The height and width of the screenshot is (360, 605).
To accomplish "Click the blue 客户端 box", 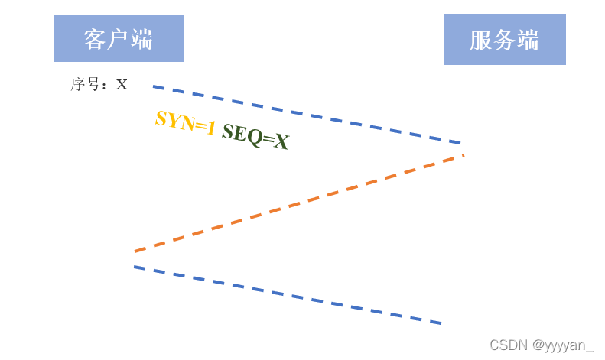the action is point(119,38).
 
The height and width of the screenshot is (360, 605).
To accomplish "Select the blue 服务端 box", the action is point(504,39).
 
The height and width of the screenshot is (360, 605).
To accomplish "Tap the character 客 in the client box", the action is point(95,39).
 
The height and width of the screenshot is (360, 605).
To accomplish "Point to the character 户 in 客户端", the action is point(119,39).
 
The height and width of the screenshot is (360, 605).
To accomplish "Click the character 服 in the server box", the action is point(480,40).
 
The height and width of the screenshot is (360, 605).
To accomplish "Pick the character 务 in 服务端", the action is point(504,40).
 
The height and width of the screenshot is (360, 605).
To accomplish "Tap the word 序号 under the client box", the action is point(85,84).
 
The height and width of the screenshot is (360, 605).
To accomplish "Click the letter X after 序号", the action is point(122,85).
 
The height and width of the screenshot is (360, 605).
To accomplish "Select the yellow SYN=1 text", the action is point(185,122).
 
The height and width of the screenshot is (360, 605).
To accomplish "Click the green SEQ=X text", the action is point(255,137).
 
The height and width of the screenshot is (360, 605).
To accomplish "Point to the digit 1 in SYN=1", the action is point(210,128).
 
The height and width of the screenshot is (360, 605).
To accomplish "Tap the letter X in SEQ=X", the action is point(281,142).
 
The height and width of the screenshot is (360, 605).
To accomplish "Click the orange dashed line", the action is point(298,203).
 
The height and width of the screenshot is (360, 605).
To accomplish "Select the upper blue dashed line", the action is point(306,115).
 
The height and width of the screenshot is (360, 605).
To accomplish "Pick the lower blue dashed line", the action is point(288,295).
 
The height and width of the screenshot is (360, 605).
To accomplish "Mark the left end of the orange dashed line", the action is point(136,251).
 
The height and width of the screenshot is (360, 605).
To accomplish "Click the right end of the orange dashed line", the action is point(463,156).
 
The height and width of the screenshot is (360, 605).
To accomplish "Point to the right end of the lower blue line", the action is point(441,323).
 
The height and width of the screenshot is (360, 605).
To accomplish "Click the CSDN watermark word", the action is point(508,345).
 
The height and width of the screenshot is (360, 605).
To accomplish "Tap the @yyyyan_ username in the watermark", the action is point(563,345).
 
